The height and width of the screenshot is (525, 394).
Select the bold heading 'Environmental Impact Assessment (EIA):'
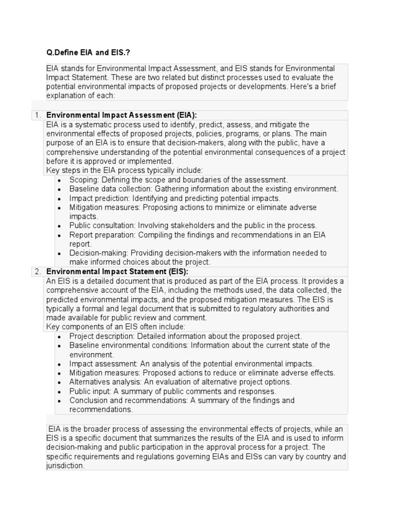tap(122, 115)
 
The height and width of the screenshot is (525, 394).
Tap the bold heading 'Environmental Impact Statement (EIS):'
tap(117, 272)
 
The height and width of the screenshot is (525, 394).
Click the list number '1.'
tap(38, 115)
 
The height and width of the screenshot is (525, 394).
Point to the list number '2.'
tap(38, 272)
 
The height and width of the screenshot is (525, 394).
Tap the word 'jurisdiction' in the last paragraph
tap(65, 466)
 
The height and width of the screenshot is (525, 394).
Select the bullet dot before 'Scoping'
tap(60, 180)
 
